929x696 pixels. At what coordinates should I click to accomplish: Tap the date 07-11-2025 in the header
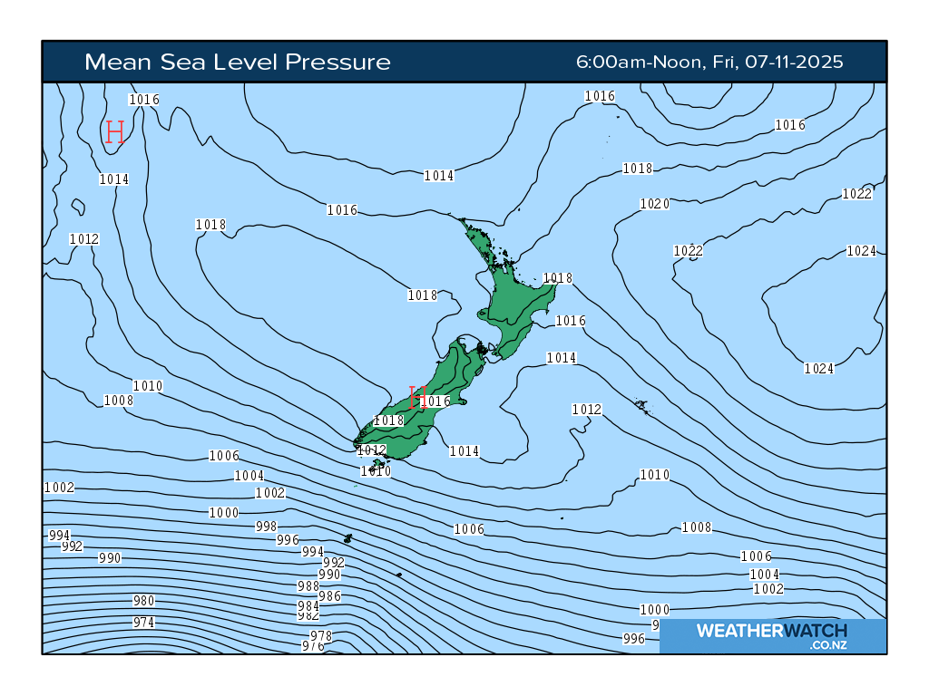coord(793,62)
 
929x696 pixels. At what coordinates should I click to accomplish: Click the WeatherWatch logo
coord(772,634)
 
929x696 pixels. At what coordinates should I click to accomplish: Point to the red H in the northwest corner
coord(114,132)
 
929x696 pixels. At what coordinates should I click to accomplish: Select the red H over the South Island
coord(417,397)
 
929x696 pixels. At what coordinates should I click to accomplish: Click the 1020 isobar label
coord(654,204)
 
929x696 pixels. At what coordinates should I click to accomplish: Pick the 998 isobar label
coord(266,527)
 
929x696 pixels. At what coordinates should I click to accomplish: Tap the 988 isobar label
coord(308,586)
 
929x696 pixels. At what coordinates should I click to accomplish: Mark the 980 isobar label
coord(143,601)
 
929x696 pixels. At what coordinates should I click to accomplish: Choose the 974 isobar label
coord(143,623)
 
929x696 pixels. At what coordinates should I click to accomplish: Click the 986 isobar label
coord(330,596)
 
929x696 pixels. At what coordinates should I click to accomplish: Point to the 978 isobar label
coord(321,636)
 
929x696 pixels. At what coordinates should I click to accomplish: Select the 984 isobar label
coord(308,605)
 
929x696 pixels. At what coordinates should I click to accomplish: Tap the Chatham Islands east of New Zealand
coord(641,405)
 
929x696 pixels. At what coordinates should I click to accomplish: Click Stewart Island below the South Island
coord(378,463)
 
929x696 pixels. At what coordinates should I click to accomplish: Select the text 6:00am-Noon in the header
coord(639,62)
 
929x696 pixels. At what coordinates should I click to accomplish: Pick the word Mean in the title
coord(112,62)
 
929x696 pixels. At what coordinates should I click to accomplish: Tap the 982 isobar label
coord(308,615)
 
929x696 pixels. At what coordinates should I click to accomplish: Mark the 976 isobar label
coord(313,646)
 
